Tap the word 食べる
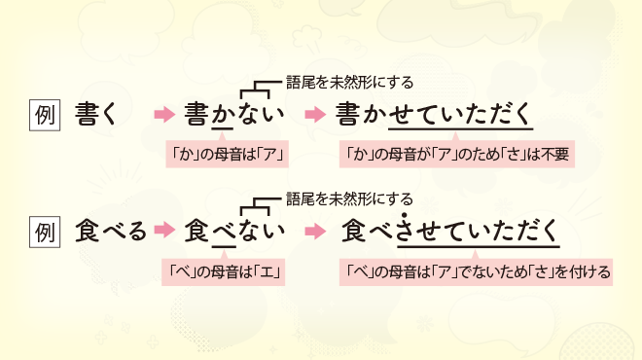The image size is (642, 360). coord(110,232)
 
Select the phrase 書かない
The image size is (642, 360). coord(234,115)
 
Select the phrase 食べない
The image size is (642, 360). coord(234,232)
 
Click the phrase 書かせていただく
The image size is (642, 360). coord(434,115)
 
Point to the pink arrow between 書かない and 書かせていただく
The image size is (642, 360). coord(313,116)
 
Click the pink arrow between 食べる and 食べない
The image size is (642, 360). coord(164,233)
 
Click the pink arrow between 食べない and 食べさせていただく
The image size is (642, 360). coord(313,233)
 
